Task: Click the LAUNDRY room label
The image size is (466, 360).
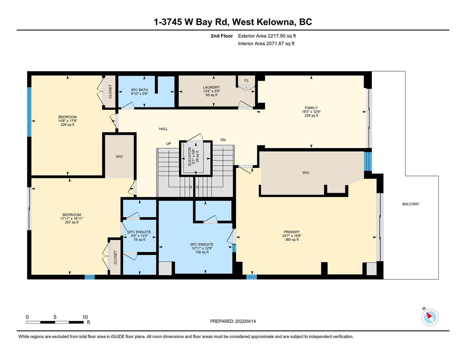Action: pyautogui.click(x=212, y=87)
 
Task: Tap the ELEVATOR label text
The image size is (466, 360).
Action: pyautogui.click(x=190, y=156)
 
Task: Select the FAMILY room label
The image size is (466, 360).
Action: pyautogui.click(x=311, y=108)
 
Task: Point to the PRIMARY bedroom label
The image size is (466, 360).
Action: pyautogui.click(x=292, y=232)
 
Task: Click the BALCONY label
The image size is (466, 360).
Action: pyautogui.click(x=411, y=204)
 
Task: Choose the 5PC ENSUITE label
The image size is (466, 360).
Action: pyautogui.click(x=202, y=244)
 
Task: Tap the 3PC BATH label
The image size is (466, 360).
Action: pyautogui.click(x=140, y=90)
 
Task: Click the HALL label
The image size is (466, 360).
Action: pyautogui.click(x=163, y=129)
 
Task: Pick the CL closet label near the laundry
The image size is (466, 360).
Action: pyautogui.click(x=246, y=80)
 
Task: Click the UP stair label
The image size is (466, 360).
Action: pyautogui.click(x=168, y=143)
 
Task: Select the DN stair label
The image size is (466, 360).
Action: pyautogui.click(x=223, y=140)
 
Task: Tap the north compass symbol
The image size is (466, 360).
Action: pyautogui.click(x=430, y=317)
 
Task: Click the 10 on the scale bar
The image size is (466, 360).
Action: pyautogui.click(x=85, y=317)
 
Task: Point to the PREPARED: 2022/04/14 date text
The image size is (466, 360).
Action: pyautogui.click(x=233, y=321)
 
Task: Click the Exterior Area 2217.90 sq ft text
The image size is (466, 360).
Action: pyautogui.click(x=267, y=36)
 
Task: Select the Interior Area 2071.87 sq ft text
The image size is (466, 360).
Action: pyautogui.click(x=266, y=43)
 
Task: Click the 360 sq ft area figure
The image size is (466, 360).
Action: pyautogui.click(x=292, y=239)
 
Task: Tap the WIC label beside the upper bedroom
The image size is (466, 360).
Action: pyautogui.click(x=119, y=157)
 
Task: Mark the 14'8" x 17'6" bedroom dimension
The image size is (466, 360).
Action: pyautogui.click(x=68, y=121)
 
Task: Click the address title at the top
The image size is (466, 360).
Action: pyautogui.click(x=233, y=22)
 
